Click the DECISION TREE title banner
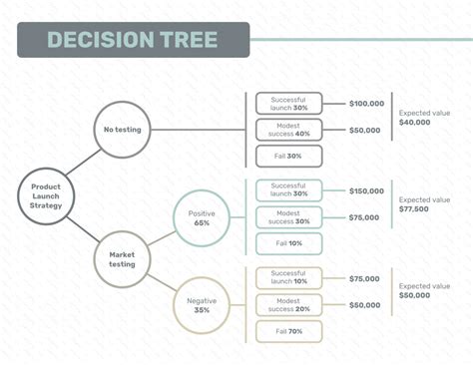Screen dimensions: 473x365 134,40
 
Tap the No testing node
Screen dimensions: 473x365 122,129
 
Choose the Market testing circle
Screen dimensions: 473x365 122,259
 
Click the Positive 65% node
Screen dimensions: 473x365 202,217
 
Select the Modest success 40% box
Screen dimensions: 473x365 288,130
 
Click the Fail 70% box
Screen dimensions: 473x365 288,332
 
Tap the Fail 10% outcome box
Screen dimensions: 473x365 288,244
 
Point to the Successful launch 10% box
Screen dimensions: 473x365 288,277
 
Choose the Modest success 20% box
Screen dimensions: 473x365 288,305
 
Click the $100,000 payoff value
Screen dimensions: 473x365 366,104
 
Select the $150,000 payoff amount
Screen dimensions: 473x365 366,190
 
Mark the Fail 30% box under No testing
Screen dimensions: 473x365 288,157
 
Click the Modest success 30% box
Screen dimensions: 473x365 288,217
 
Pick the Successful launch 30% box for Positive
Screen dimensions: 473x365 288,189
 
